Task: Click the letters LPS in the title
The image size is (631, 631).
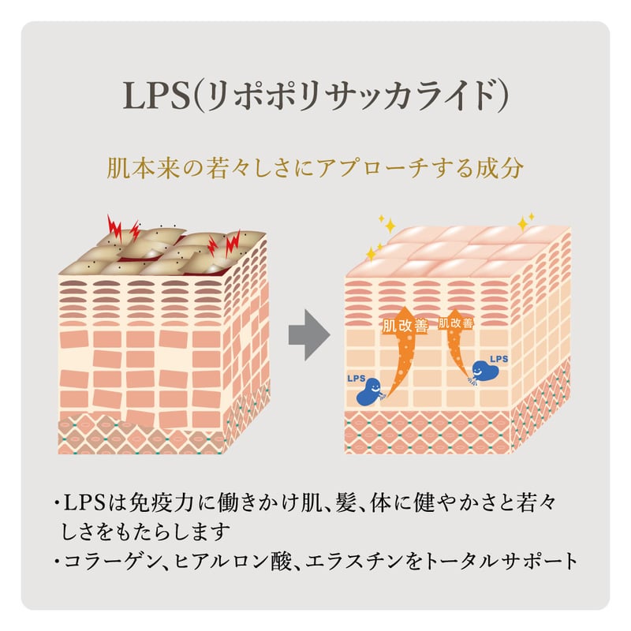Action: coord(156,95)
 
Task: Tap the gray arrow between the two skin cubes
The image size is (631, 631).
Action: coord(309,334)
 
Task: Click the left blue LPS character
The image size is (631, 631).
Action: coord(370,391)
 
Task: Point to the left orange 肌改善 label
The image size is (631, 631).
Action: coord(405,326)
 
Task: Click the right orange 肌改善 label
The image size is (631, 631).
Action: coord(456,323)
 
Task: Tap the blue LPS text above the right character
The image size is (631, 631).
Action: coord(498,359)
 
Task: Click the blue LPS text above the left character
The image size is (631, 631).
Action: coord(357,379)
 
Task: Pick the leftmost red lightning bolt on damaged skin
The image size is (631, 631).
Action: coord(114,230)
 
